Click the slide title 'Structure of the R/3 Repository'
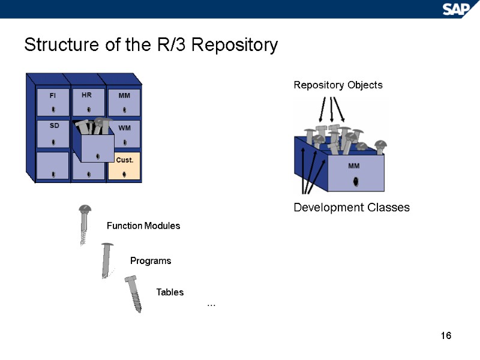[151, 46]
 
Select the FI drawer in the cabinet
[53, 103]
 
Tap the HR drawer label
[86, 95]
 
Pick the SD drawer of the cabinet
[53, 133]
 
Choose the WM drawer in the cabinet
[124, 134]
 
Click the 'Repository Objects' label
[338, 85]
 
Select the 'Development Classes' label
[351, 208]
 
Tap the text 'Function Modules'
[143, 226]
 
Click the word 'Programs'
[151, 261]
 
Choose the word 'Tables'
[170, 292]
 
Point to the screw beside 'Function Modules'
[85, 224]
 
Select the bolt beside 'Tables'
[134, 293]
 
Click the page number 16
[445, 335]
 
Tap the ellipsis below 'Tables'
[211, 305]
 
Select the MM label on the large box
[355, 166]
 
